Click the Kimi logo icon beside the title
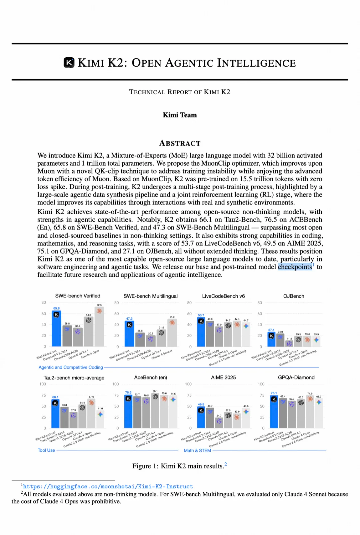click(69, 63)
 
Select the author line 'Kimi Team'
click(180, 115)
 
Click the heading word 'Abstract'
click(180, 143)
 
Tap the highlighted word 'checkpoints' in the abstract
click(295, 267)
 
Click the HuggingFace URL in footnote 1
click(108, 486)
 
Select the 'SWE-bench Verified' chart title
click(78, 296)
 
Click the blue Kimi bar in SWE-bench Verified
click(56, 330)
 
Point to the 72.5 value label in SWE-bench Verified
click(99, 305)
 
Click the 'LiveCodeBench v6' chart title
click(223, 296)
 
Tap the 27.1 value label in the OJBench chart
click(271, 330)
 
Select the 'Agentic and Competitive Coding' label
click(71, 367)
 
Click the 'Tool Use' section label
click(46, 450)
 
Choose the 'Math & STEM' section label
click(197, 450)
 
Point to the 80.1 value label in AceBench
click(155, 391)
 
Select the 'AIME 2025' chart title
click(223, 377)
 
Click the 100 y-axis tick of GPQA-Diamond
click(261, 384)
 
